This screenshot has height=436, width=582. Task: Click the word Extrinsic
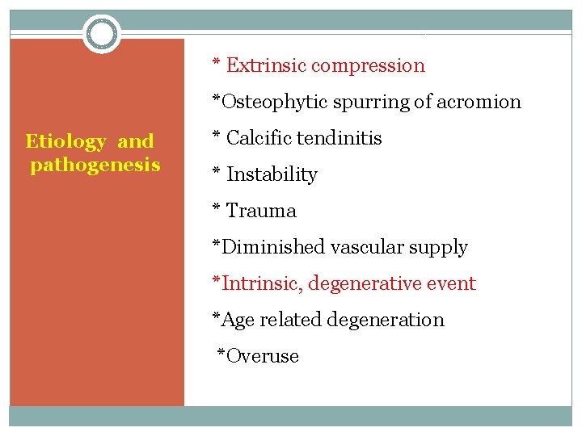[265, 65]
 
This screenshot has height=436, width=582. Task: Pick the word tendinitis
[339, 138]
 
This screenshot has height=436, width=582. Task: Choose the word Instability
[272, 174]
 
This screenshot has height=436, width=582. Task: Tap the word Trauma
[261, 211]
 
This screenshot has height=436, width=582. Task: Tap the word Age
[238, 321]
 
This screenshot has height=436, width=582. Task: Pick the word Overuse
[263, 356]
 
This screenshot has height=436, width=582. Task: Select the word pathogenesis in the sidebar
[95, 166]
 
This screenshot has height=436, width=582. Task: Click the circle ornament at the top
[102, 34]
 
